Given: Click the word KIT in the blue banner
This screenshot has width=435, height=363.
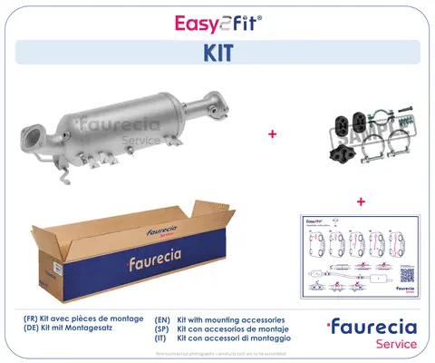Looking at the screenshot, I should point(217,54).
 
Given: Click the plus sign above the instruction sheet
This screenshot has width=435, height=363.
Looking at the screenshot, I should point(361,201).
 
